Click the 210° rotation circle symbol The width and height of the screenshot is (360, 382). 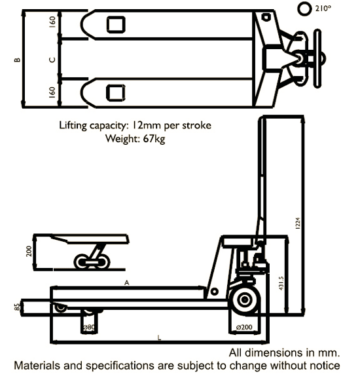click(304, 9)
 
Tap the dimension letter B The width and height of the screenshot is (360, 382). click(18, 60)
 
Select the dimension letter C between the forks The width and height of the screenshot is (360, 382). click(52, 60)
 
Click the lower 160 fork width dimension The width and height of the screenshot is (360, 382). click(52, 91)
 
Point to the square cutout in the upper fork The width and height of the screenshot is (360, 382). click(116, 25)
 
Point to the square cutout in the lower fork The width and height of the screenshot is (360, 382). click(116, 92)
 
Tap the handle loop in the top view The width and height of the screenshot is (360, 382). click(317, 59)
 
